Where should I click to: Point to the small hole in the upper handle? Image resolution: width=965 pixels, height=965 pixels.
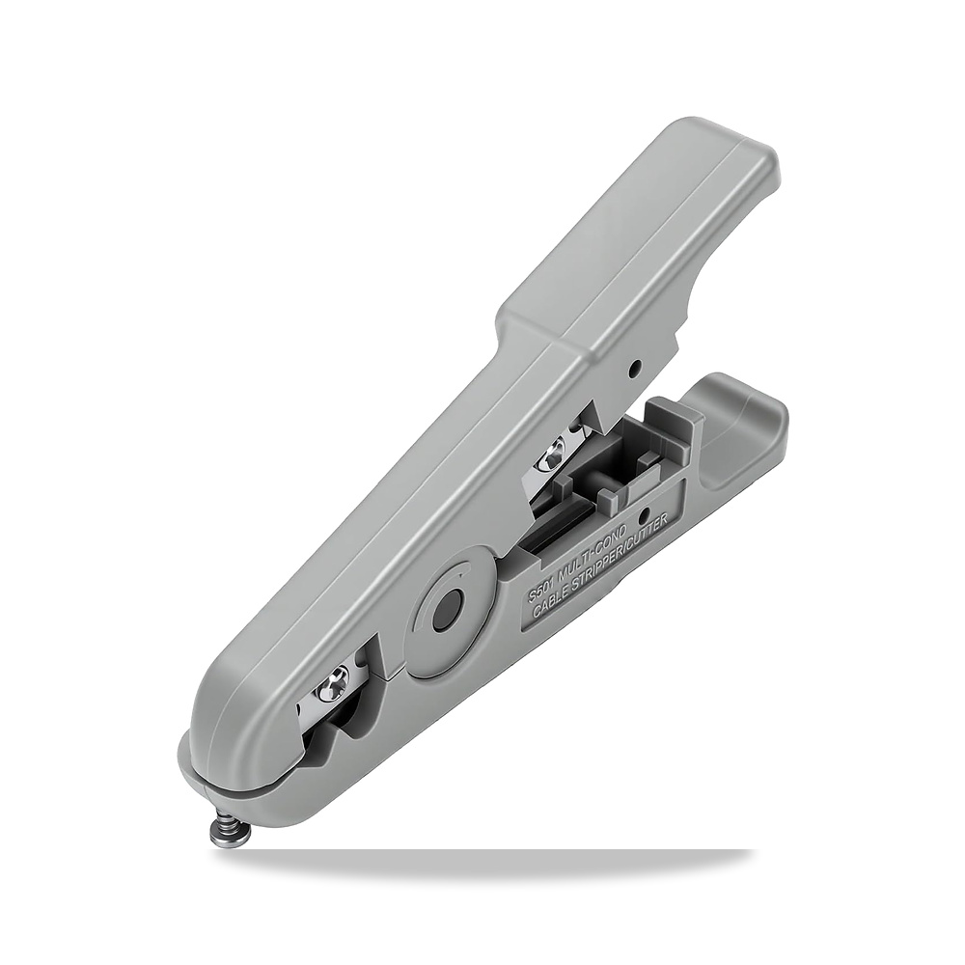(634, 370)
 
